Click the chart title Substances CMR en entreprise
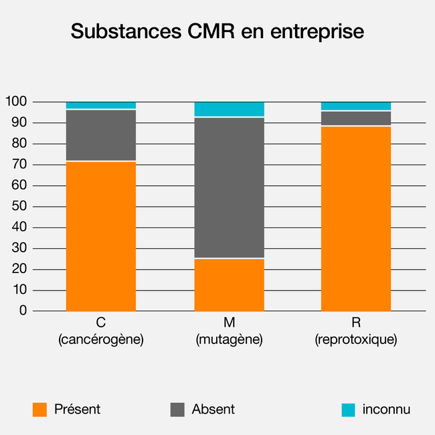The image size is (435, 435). click(x=217, y=31)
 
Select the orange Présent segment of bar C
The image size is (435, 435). click(x=101, y=236)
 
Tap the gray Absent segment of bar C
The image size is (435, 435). click(x=101, y=135)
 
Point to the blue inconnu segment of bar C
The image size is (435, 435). click(x=101, y=106)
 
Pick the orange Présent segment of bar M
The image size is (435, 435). click(x=229, y=284)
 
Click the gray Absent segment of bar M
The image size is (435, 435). click(x=229, y=187)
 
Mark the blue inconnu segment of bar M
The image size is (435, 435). click(x=229, y=109)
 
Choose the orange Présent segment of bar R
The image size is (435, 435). click(x=356, y=218)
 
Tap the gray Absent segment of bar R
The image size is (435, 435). click(x=356, y=118)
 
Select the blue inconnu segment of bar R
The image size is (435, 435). click(x=356, y=106)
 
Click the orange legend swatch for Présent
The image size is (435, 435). click(x=40, y=410)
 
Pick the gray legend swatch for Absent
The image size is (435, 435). click(x=177, y=410)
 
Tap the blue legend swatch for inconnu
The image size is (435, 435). click(x=348, y=410)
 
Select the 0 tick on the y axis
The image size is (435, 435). click(x=23, y=311)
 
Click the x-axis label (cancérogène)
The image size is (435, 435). click(x=101, y=340)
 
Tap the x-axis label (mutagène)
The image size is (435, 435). click(x=229, y=340)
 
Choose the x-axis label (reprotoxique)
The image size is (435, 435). click(x=356, y=340)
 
